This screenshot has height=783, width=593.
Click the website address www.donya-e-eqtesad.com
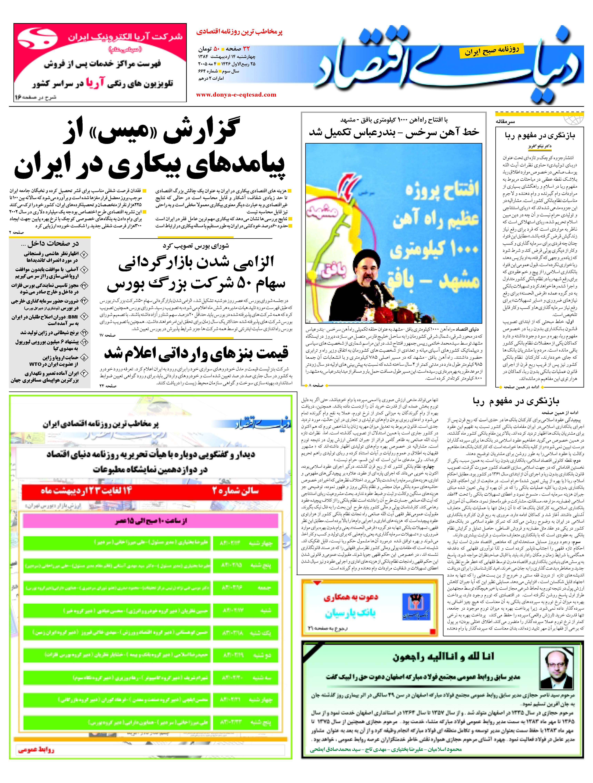(236, 95)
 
